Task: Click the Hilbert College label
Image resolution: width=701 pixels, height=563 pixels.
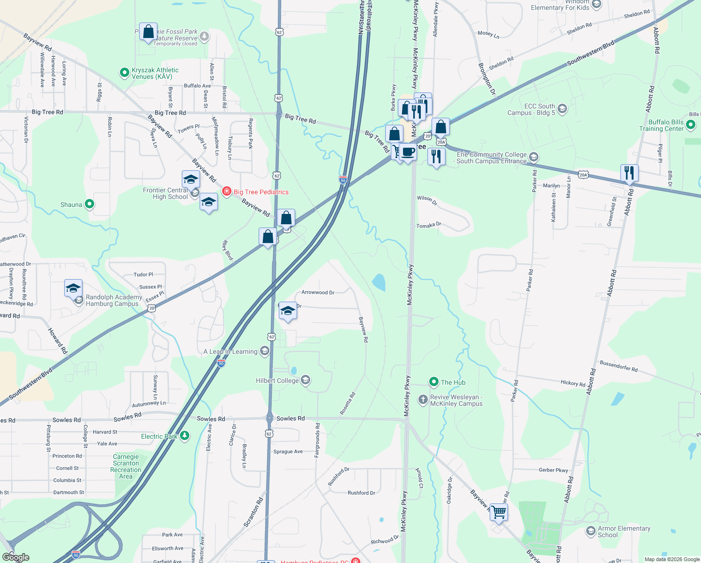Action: (x=277, y=380)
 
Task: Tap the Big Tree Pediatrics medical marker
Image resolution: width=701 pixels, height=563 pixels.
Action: (x=227, y=191)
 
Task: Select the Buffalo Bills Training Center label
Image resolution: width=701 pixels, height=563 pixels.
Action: (x=661, y=125)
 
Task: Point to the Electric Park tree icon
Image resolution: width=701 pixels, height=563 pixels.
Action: (x=185, y=436)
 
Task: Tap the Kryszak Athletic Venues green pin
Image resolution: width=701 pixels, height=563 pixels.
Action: (x=124, y=73)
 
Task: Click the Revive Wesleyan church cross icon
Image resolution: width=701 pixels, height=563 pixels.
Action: (x=423, y=400)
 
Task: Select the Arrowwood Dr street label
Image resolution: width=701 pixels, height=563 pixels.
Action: (x=318, y=292)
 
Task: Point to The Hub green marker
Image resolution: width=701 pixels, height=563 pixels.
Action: (x=434, y=382)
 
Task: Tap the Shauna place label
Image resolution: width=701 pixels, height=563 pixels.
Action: (x=71, y=205)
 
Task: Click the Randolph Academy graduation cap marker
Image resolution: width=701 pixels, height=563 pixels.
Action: (x=74, y=288)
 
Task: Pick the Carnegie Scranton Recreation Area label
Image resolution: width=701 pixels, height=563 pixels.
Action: (x=126, y=466)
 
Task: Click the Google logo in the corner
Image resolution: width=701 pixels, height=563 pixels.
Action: (x=15, y=557)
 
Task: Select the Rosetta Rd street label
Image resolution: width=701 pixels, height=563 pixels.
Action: (x=348, y=403)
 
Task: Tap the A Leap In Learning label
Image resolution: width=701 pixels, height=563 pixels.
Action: (x=230, y=351)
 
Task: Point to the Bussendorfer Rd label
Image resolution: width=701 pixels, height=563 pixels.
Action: (x=619, y=366)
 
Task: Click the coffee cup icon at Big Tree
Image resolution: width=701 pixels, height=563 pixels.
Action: (x=408, y=152)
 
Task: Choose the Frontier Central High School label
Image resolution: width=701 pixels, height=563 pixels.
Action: (x=165, y=193)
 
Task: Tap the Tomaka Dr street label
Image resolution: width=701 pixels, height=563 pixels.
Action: (x=429, y=226)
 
